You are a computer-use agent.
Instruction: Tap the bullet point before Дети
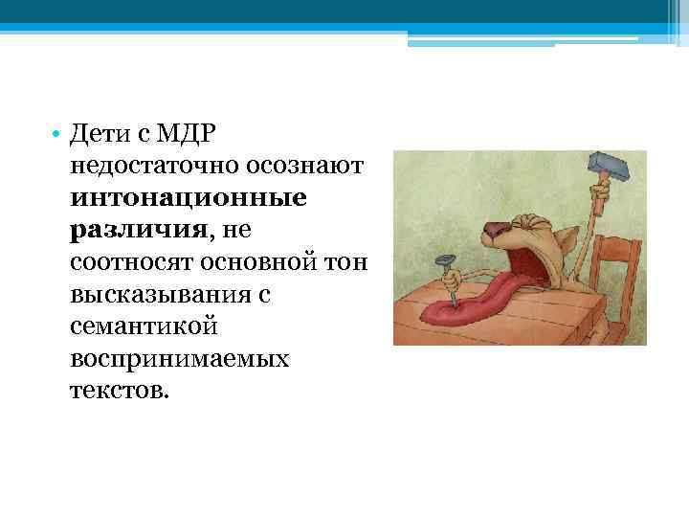[x=57, y=134]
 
